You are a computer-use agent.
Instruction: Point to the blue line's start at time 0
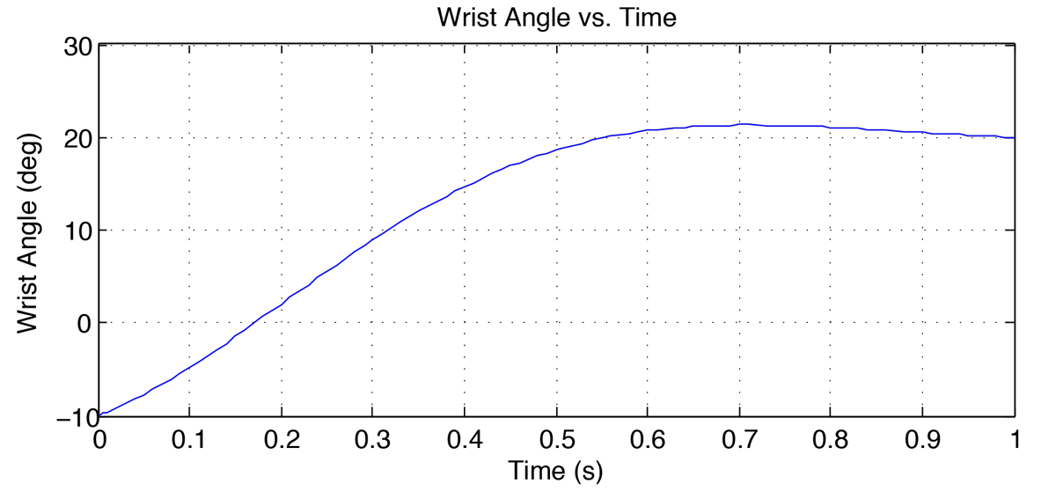100,414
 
